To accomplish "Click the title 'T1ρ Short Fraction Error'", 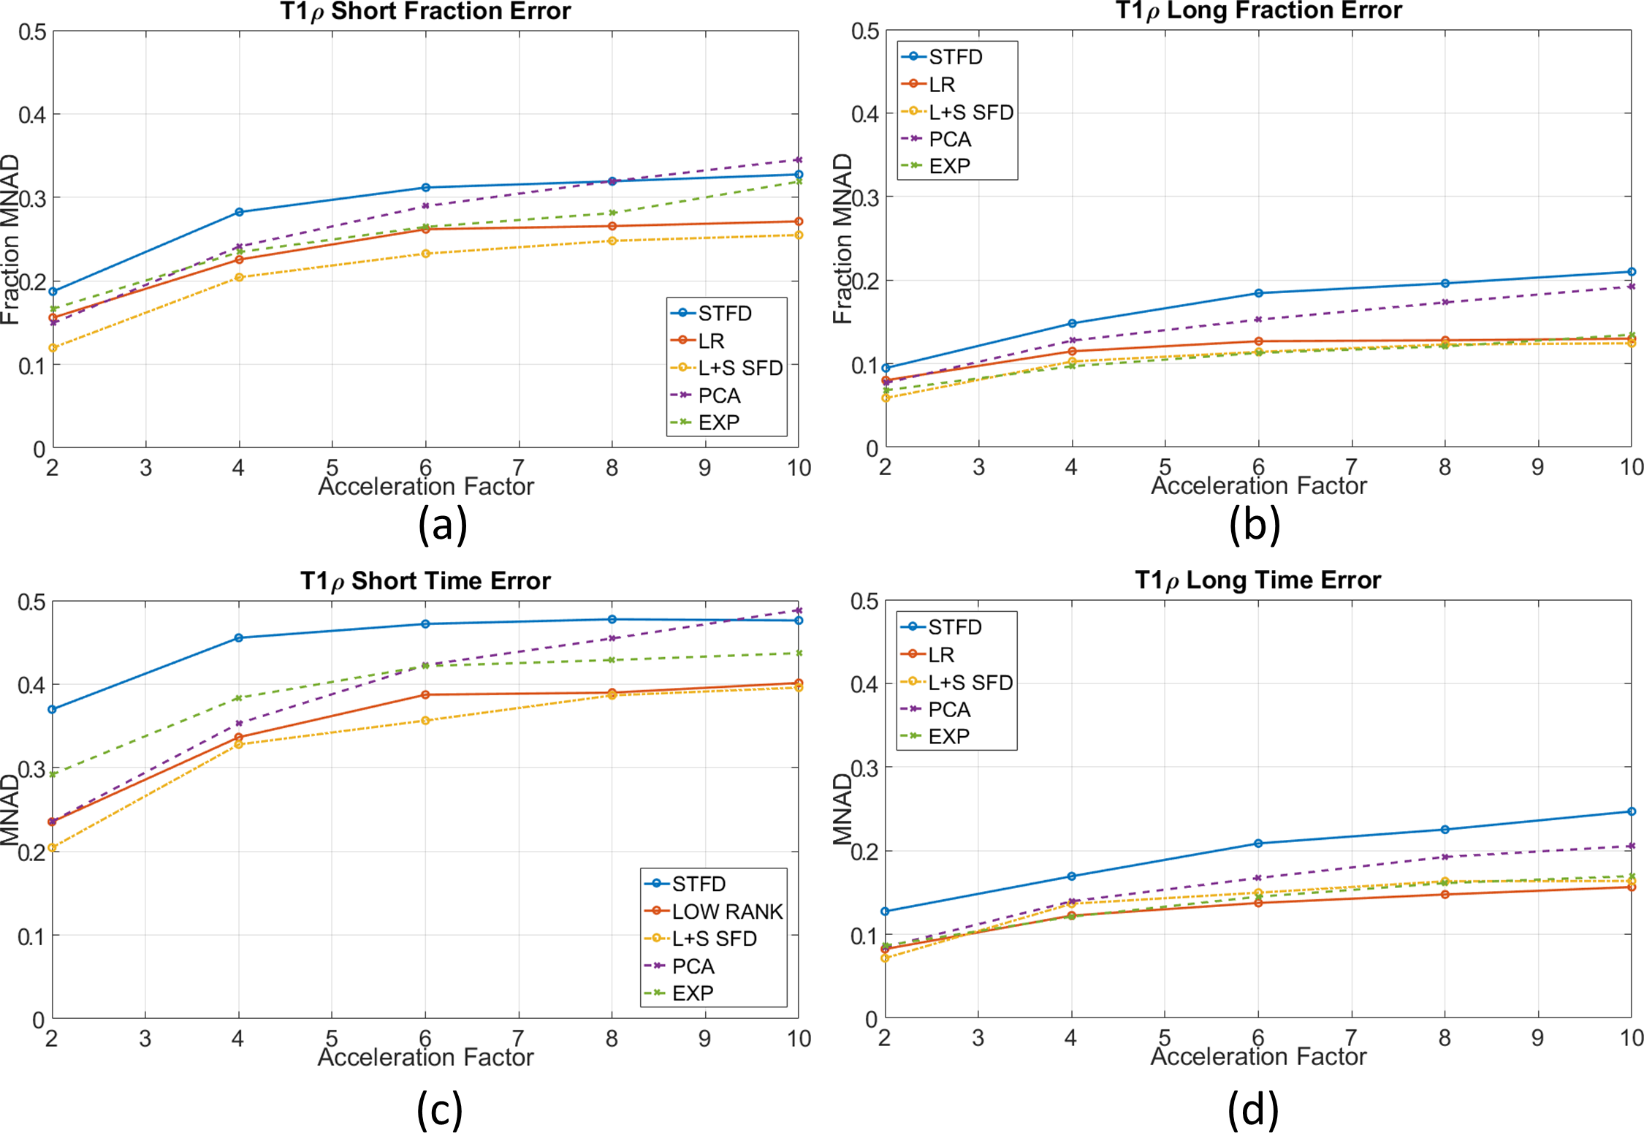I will [425, 12].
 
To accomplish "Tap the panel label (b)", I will [1254, 524].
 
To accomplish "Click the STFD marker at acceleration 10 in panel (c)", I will [799, 621].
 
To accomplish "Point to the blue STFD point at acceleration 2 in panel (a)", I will [53, 292].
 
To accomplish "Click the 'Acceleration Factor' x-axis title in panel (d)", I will [1258, 1056].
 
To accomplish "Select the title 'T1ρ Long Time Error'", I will [1257, 580].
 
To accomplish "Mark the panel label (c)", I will [440, 1110].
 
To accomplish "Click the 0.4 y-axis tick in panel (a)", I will [32, 115].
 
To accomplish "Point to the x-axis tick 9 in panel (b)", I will [1538, 467].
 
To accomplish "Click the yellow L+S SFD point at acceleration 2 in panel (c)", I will [53, 848].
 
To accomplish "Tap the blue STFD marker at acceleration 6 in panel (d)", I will [1258, 844].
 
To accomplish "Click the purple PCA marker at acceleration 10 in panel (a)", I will [799, 160].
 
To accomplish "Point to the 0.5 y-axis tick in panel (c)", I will [32, 602].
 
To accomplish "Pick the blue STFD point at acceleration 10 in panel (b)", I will [1632, 272].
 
